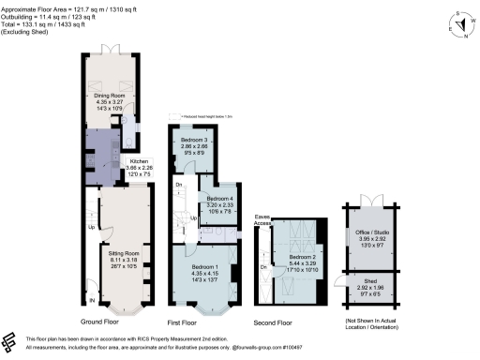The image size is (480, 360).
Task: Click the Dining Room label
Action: click(x=111, y=95)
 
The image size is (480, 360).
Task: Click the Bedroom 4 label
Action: click(x=220, y=199)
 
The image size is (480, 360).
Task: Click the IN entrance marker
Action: click(x=92, y=300)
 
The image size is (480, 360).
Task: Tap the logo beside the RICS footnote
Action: click(x=9, y=340)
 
